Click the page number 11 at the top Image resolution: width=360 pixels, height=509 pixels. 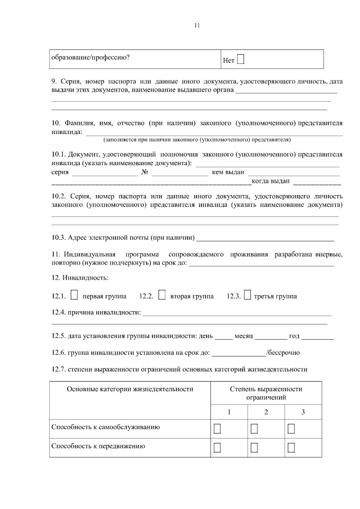click(x=197, y=25)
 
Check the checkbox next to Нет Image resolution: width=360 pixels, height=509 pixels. click(x=241, y=59)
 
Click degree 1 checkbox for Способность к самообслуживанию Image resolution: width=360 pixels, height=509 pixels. click(x=217, y=429)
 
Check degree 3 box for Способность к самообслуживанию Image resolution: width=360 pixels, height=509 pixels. click(x=291, y=429)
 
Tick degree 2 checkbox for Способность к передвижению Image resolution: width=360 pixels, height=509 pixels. click(x=254, y=448)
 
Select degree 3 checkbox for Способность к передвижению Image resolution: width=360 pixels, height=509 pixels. click(x=291, y=448)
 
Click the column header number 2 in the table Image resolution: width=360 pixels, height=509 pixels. click(x=266, y=412)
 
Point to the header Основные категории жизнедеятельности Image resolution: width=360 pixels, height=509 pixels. click(x=130, y=389)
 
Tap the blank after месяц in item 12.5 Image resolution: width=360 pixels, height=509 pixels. click(x=271, y=336)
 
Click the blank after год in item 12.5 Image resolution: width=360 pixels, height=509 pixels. click(x=317, y=336)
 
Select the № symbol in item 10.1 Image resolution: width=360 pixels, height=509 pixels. click(x=145, y=172)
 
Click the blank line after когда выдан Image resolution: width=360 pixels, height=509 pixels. click(x=317, y=181)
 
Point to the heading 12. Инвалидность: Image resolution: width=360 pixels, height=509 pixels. click(x=80, y=278)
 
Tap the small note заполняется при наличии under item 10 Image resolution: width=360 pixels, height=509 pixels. click(x=197, y=140)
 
